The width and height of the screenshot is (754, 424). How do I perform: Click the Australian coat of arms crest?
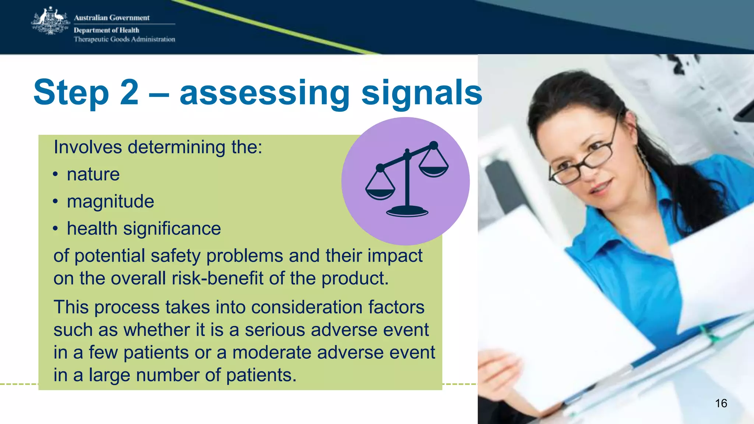pyautogui.click(x=50, y=21)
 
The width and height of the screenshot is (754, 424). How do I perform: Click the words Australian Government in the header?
pyautogui.click(x=112, y=18)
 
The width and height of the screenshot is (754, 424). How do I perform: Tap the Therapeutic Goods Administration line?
pyautogui.click(x=124, y=39)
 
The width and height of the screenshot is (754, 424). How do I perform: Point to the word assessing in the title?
pyautogui.click(x=264, y=93)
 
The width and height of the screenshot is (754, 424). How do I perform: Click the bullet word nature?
pyautogui.click(x=93, y=174)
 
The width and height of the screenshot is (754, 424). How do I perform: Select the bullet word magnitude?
pyautogui.click(x=110, y=201)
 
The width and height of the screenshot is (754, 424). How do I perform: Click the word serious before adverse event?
pyautogui.click(x=275, y=330)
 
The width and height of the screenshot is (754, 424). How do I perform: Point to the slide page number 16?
pyautogui.click(x=721, y=403)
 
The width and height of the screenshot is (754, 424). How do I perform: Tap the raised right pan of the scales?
pyautogui.click(x=434, y=170)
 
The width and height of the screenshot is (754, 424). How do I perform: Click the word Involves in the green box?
pyautogui.click(x=88, y=147)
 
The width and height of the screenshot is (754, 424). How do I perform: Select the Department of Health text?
pyautogui.click(x=106, y=30)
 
